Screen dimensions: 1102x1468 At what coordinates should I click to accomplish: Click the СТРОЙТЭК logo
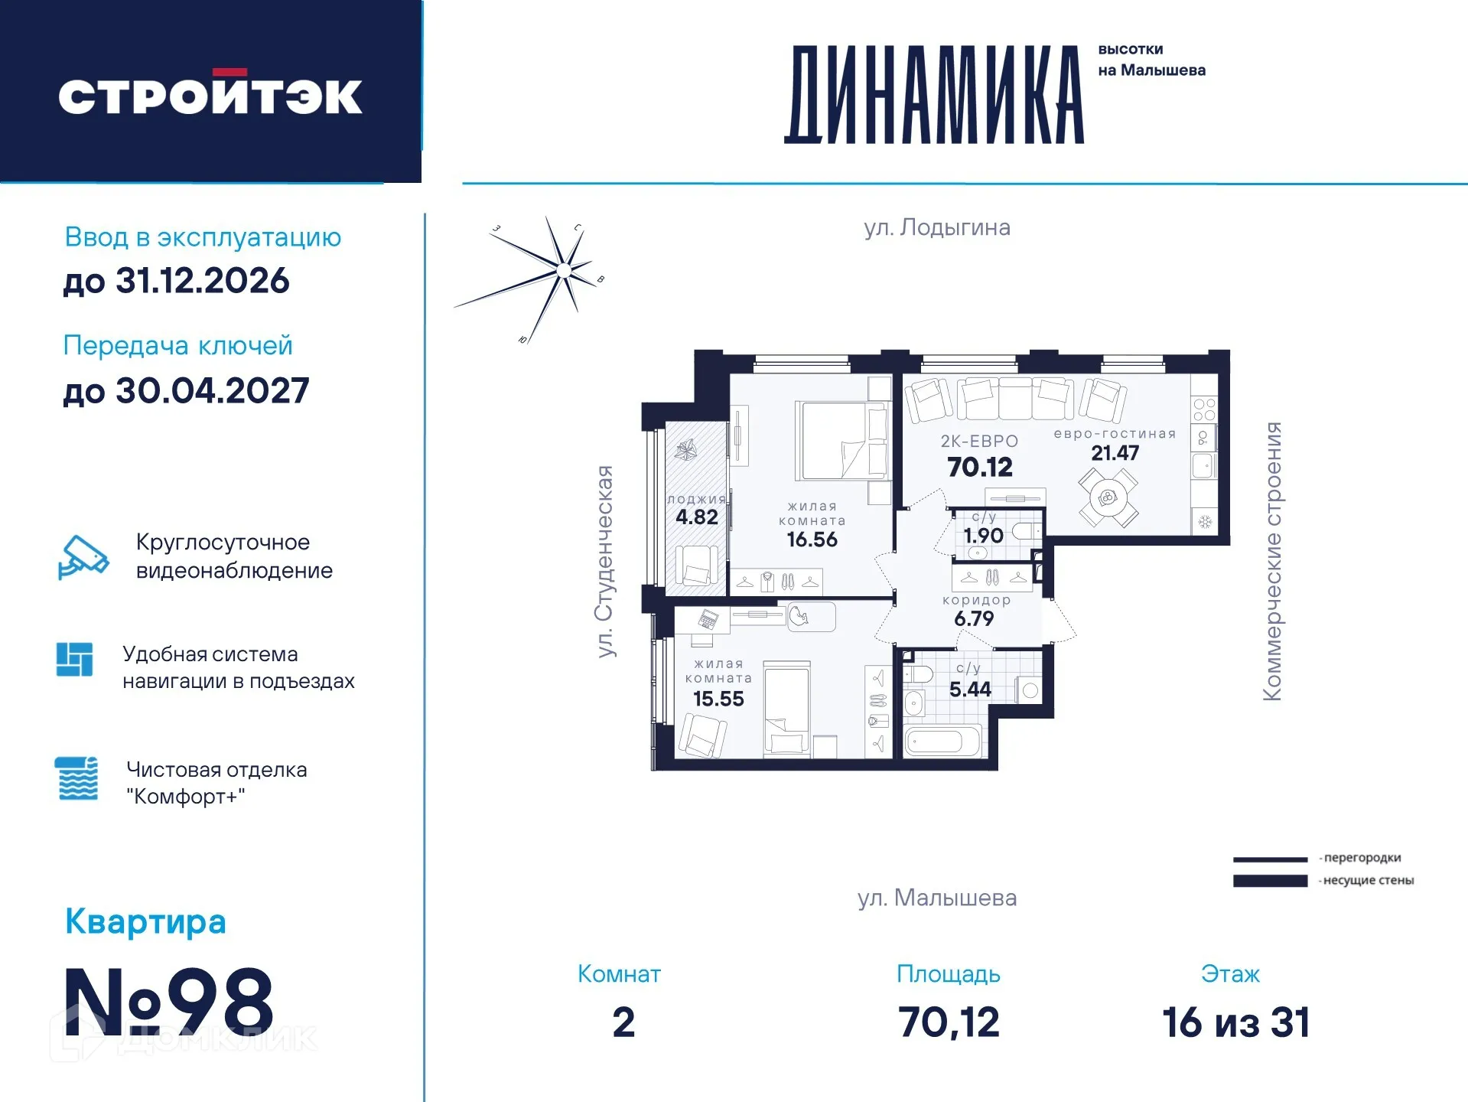(x=210, y=95)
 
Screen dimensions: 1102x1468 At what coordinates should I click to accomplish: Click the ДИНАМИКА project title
(x=934, y=95)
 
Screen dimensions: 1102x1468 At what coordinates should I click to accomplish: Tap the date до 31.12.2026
(x=176, y=281)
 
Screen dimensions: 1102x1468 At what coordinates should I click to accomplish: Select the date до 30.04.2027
(x=186, y=391)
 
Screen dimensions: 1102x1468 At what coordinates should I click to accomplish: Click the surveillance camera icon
(x=83, y=557)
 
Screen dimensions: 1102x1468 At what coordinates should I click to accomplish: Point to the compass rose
(x=563, y=269)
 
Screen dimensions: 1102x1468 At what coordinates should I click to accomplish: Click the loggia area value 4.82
(x=696, y=517)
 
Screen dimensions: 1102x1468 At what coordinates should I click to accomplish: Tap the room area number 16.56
(x=812, y=540)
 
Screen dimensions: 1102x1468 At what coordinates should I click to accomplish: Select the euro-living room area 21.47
(x=1115, y=453)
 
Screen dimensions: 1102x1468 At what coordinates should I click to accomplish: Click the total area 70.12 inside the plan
(x=979, y=467)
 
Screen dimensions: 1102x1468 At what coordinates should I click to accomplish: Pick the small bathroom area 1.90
(x=983, y=536)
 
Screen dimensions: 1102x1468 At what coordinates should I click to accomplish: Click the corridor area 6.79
(x=974, y=618)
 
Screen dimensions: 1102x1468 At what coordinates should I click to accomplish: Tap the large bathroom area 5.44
(x=970, y=690)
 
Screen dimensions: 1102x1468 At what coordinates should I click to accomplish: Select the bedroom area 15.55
(x=718, y=699)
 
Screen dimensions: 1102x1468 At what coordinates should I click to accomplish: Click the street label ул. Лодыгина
(x=936, y=227)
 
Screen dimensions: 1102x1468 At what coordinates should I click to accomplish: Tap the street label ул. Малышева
(x=936, y=898)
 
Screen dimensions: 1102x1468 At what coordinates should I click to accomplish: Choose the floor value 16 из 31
(x=1235, y=1022)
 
